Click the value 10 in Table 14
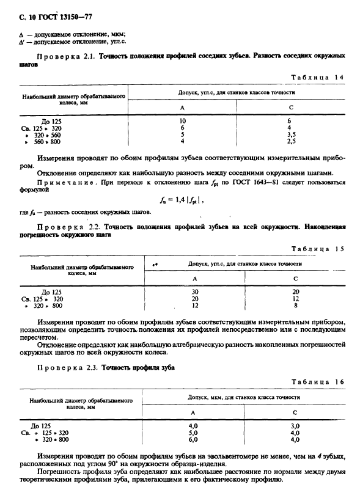(x=182, y=121)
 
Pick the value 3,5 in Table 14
(x=292, y=134)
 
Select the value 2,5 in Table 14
(x=292, y=141)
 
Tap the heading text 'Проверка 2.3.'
(x=67, y=368)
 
